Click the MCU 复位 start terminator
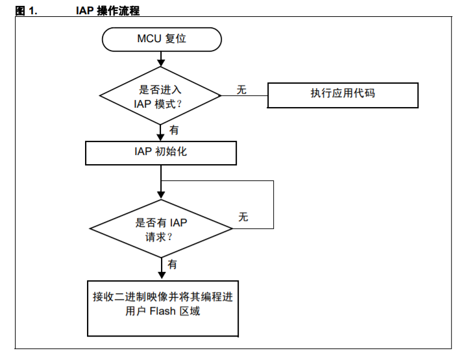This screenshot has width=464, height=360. point(162,40)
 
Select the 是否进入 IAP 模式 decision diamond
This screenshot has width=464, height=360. point(160,95)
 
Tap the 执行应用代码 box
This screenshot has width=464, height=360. point(343,95)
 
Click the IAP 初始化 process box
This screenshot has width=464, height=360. point(161,153)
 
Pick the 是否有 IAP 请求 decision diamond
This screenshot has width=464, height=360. point(161,228)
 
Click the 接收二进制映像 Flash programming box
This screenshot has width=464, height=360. point(163,309)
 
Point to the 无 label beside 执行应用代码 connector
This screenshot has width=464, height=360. point(241,90)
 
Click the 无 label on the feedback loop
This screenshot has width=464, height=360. point(243,217)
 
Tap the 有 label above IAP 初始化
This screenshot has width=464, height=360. point(174,130)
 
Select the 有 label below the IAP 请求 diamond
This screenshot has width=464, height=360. point(172,264)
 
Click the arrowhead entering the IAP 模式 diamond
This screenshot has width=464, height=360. point(161,63)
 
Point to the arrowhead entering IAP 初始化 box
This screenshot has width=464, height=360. point(161,138)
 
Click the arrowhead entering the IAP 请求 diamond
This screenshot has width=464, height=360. point(161,195)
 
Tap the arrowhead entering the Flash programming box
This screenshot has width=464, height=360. point(162,276)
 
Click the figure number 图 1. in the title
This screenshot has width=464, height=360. point(26,11)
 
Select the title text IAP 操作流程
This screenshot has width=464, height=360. point(108,10)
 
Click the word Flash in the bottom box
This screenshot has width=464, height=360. point(162,311)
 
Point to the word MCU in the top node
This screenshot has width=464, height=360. point(149,38)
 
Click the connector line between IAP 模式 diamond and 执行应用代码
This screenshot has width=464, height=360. point(245,95)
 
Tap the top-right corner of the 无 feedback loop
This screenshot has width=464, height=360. point(273,181)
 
